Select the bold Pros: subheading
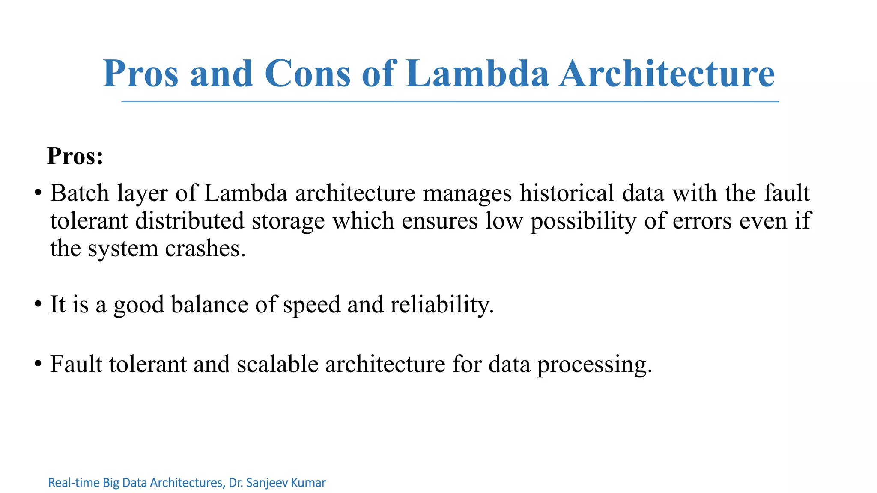[75, 156]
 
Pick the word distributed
[189, 221]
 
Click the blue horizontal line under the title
[450, 102]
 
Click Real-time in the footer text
[74, 483]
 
